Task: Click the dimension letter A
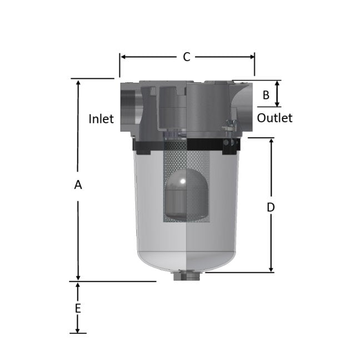tap(78, 185)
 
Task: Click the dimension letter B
tap(266, 95)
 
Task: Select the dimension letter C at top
tap(187, 57)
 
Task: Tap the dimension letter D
tap(271, 207)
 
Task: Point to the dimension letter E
tap(78, 308)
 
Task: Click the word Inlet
tap(101, 119)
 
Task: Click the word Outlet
tap(274, 118)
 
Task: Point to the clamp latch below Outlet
tap(228, 128)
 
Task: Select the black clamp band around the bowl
tap(150, 146)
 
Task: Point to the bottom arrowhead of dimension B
tap(278, 103)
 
